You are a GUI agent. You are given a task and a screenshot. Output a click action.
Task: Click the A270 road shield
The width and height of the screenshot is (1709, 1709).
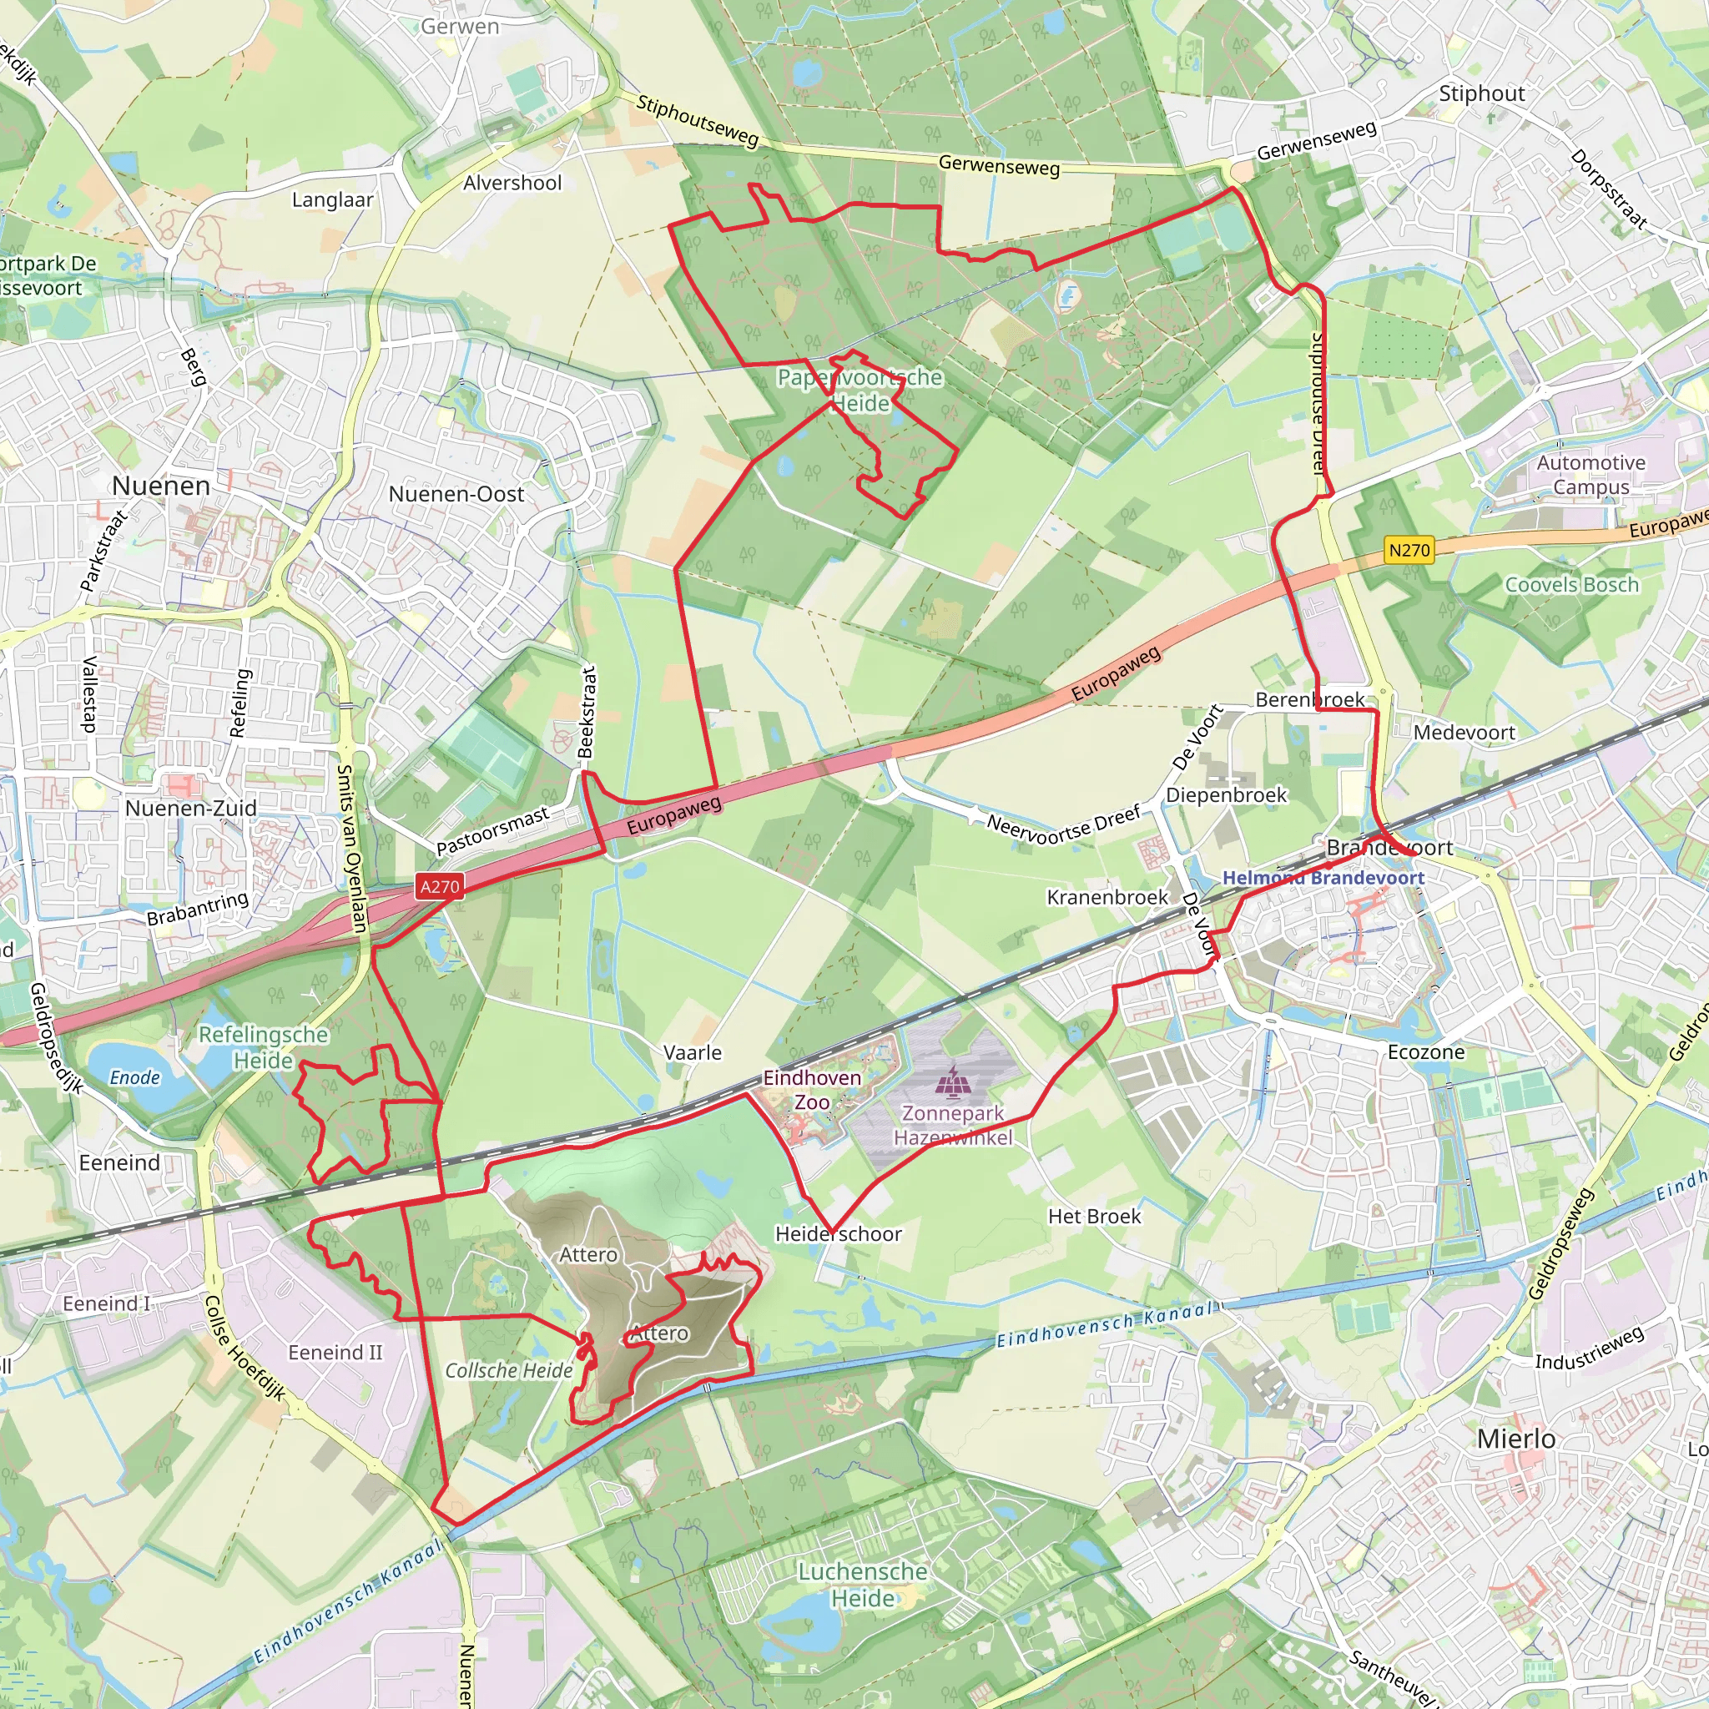click(x=440, y=886)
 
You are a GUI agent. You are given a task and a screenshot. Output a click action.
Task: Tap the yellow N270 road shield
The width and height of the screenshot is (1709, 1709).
click(x=1409, y=550)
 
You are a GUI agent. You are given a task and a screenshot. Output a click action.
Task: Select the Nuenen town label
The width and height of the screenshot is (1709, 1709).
click(x=161, y=486)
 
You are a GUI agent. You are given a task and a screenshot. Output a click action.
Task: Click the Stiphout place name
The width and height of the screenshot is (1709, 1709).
click(x=1482, y=93)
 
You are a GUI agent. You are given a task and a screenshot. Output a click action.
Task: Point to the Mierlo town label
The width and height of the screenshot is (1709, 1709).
click(x=1516, y=1439)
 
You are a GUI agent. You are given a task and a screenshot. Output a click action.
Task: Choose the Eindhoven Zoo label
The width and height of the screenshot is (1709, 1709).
click(x=812, y=1090)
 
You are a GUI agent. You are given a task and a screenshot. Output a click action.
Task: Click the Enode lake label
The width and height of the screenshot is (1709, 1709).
click(x=134, y=1077)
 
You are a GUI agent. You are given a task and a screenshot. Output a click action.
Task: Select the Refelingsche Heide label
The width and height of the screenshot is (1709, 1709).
click(x=263, y=1047)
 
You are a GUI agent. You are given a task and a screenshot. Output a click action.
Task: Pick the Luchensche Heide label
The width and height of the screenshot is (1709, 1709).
click(x=863, y=1585)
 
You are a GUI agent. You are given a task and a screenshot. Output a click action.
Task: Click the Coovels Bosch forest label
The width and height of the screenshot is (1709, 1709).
click(x=1572, y=585)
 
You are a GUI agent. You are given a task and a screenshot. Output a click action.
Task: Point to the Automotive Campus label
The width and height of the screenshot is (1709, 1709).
click(x=1591, y=475)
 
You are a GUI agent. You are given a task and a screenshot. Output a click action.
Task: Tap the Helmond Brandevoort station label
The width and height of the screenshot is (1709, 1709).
click(x=1323, y=878)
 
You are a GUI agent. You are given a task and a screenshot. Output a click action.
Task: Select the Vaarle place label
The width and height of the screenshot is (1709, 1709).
click(x=693, y=1052)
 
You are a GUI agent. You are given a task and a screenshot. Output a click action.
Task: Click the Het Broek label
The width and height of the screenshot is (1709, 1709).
click(x=1094, y=1217)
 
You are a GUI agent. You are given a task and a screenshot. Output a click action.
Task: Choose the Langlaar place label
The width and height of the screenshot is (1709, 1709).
click(x=333, y=200)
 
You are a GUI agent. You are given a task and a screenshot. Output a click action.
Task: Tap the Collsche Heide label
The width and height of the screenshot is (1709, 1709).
click(x=509, y=1370)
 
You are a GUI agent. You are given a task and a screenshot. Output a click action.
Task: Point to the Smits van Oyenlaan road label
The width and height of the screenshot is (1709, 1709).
click(x=351, y=849)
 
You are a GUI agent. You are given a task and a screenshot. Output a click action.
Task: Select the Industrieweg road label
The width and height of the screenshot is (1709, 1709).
click(x=1589, y=1349)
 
